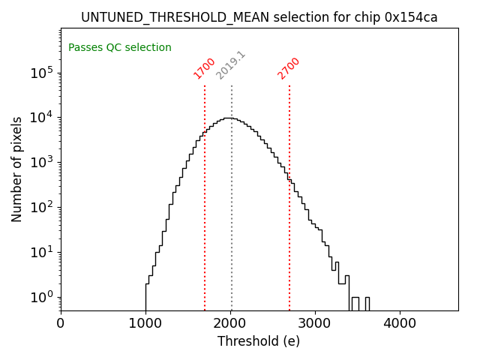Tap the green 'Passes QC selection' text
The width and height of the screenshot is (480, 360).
click(120, 48)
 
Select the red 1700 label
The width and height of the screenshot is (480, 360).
click(205, 67)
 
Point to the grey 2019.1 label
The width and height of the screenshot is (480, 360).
click(231, 65)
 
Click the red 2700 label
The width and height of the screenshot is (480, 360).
click(289, 67)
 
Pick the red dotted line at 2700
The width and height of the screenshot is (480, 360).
click(289, 225)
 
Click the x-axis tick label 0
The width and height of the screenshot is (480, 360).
click(61, 324)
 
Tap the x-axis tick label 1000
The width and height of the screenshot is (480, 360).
click(145, 324)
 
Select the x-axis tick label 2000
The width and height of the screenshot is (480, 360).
click(230, 324)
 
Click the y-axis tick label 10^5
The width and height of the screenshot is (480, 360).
click(40, 73)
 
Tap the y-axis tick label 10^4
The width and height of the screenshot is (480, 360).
click(40, 118)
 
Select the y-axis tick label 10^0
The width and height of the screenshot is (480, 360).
click(40, 297)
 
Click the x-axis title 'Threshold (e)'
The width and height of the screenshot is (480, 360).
click(259, 341)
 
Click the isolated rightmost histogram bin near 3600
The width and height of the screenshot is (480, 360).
click(367, 304)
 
